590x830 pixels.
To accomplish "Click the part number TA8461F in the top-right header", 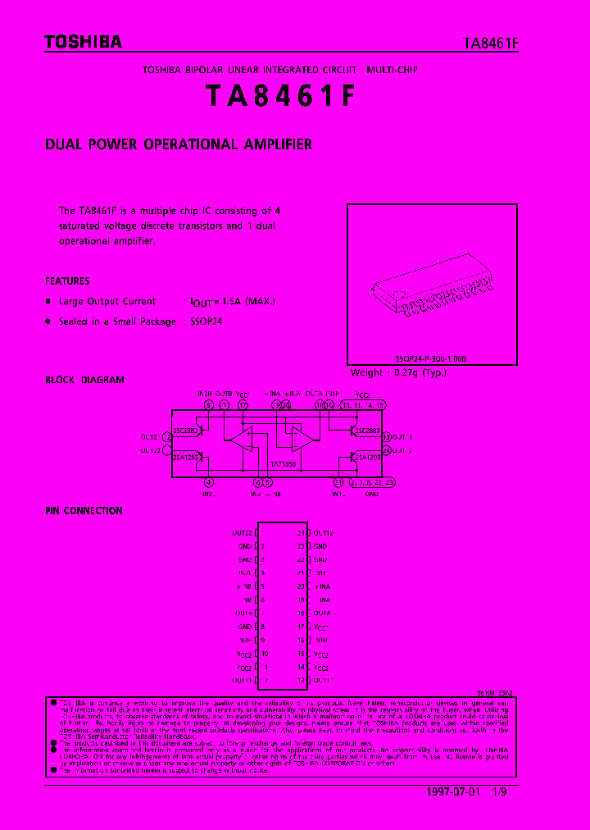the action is (490, 44).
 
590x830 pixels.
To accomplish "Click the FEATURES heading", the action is (67, 280).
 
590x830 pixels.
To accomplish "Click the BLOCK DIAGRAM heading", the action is (84, 380).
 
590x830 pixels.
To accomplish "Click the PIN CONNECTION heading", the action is (84, 510).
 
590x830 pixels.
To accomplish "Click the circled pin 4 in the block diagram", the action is (209, 483).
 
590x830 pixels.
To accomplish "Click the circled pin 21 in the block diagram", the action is (338, 483).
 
